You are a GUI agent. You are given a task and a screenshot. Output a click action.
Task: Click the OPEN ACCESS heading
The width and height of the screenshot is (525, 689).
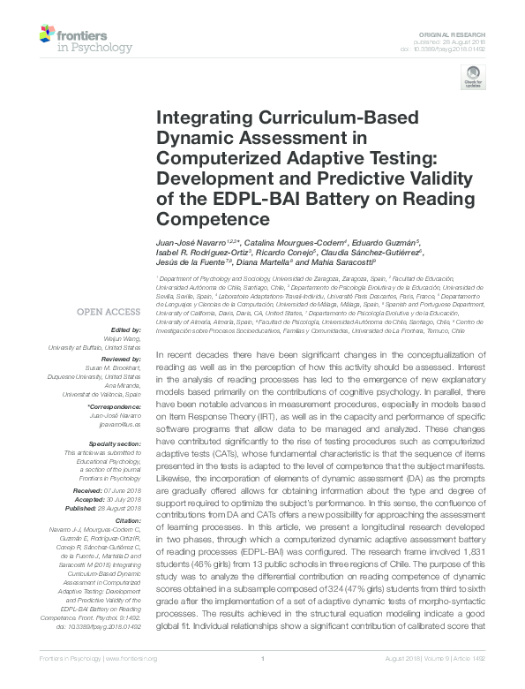pos(108,312)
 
